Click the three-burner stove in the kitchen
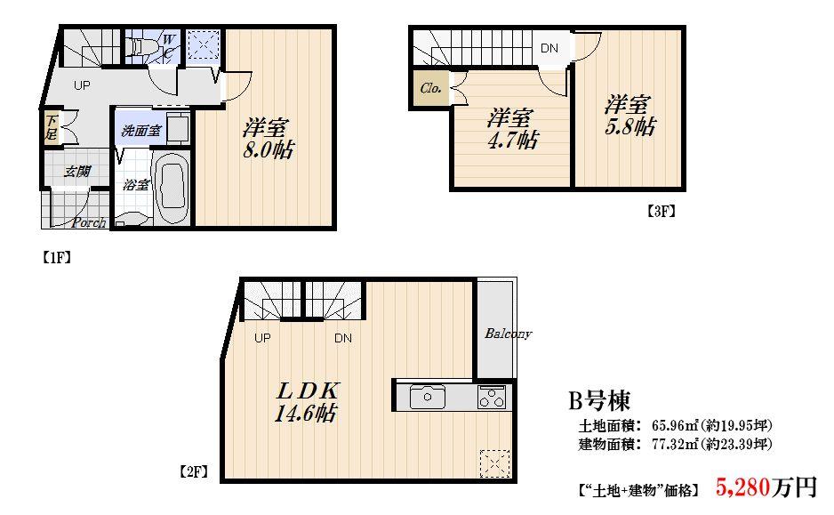tap(492, 398)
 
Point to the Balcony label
tap(508, 334)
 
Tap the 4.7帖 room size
tap(514, 140)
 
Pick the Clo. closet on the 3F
tap(430, 89)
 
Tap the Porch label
tap(89, 222)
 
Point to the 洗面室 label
tap(140, 131)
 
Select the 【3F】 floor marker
tap(661, 212)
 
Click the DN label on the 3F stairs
tap(549, 48)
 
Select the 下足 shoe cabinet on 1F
tap(51, 128)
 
